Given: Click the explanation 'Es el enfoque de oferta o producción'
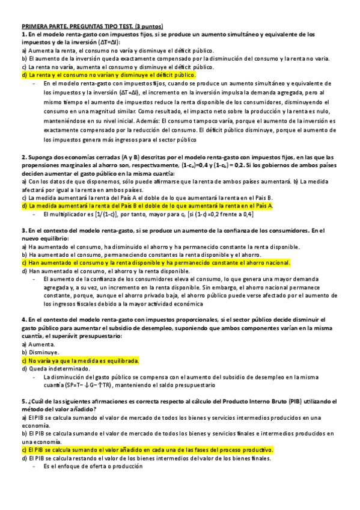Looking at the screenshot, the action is point(91,467).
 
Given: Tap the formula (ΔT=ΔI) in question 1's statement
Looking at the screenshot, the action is point(108,43).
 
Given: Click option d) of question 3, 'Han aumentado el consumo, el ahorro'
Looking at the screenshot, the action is point(105,271).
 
